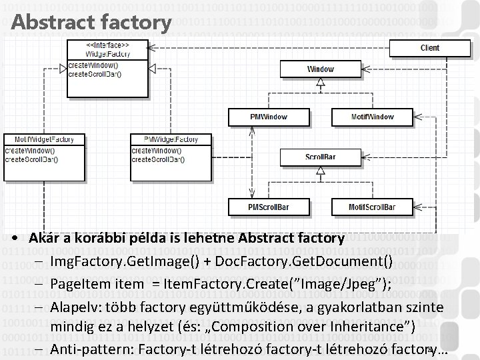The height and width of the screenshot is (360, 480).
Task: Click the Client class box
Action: [430, 48]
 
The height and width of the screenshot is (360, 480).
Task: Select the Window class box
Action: [321, 69]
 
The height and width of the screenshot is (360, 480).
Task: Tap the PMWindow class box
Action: [269, 117]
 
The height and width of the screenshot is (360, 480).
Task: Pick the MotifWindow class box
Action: [372, 117]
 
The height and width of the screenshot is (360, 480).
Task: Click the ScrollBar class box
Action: [321, 157]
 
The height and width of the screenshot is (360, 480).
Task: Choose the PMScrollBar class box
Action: [269, 207]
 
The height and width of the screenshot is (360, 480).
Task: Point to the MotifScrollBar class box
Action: [372, 207]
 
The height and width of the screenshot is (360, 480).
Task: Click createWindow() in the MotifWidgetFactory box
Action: [30, 151]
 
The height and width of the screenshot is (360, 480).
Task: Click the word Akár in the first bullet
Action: [42, 238]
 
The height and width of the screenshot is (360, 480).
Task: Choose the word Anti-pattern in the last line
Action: [87, 350]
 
